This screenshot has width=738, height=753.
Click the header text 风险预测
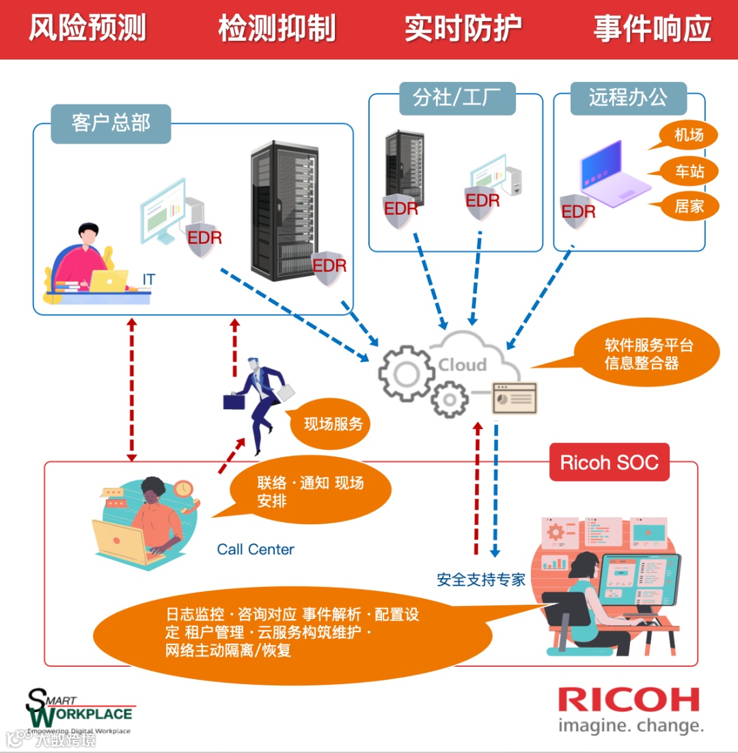point(87,29)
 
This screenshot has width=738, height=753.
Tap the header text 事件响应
point(652,29)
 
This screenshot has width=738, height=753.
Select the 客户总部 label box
point(111,123)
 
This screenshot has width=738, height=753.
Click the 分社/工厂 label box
point(457,98)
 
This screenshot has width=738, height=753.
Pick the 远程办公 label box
point(628,97)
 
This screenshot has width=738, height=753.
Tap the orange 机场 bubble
point(688,135)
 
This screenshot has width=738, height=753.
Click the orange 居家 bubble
point(689,205)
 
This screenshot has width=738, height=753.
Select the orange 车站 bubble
point(689,171)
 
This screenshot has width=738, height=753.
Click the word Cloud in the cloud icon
point(462,365)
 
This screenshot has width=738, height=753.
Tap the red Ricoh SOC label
point(609,463)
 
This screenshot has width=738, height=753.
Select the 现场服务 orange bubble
point(333,424)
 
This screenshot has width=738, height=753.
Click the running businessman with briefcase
point(257,404)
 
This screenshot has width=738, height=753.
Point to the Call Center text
point(256,549)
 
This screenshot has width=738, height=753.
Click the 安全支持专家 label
point(481,579)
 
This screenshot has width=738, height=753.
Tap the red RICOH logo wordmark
point(629,700)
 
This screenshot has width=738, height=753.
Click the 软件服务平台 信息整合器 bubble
point(648,353)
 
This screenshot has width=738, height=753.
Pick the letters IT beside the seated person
point(148,279)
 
